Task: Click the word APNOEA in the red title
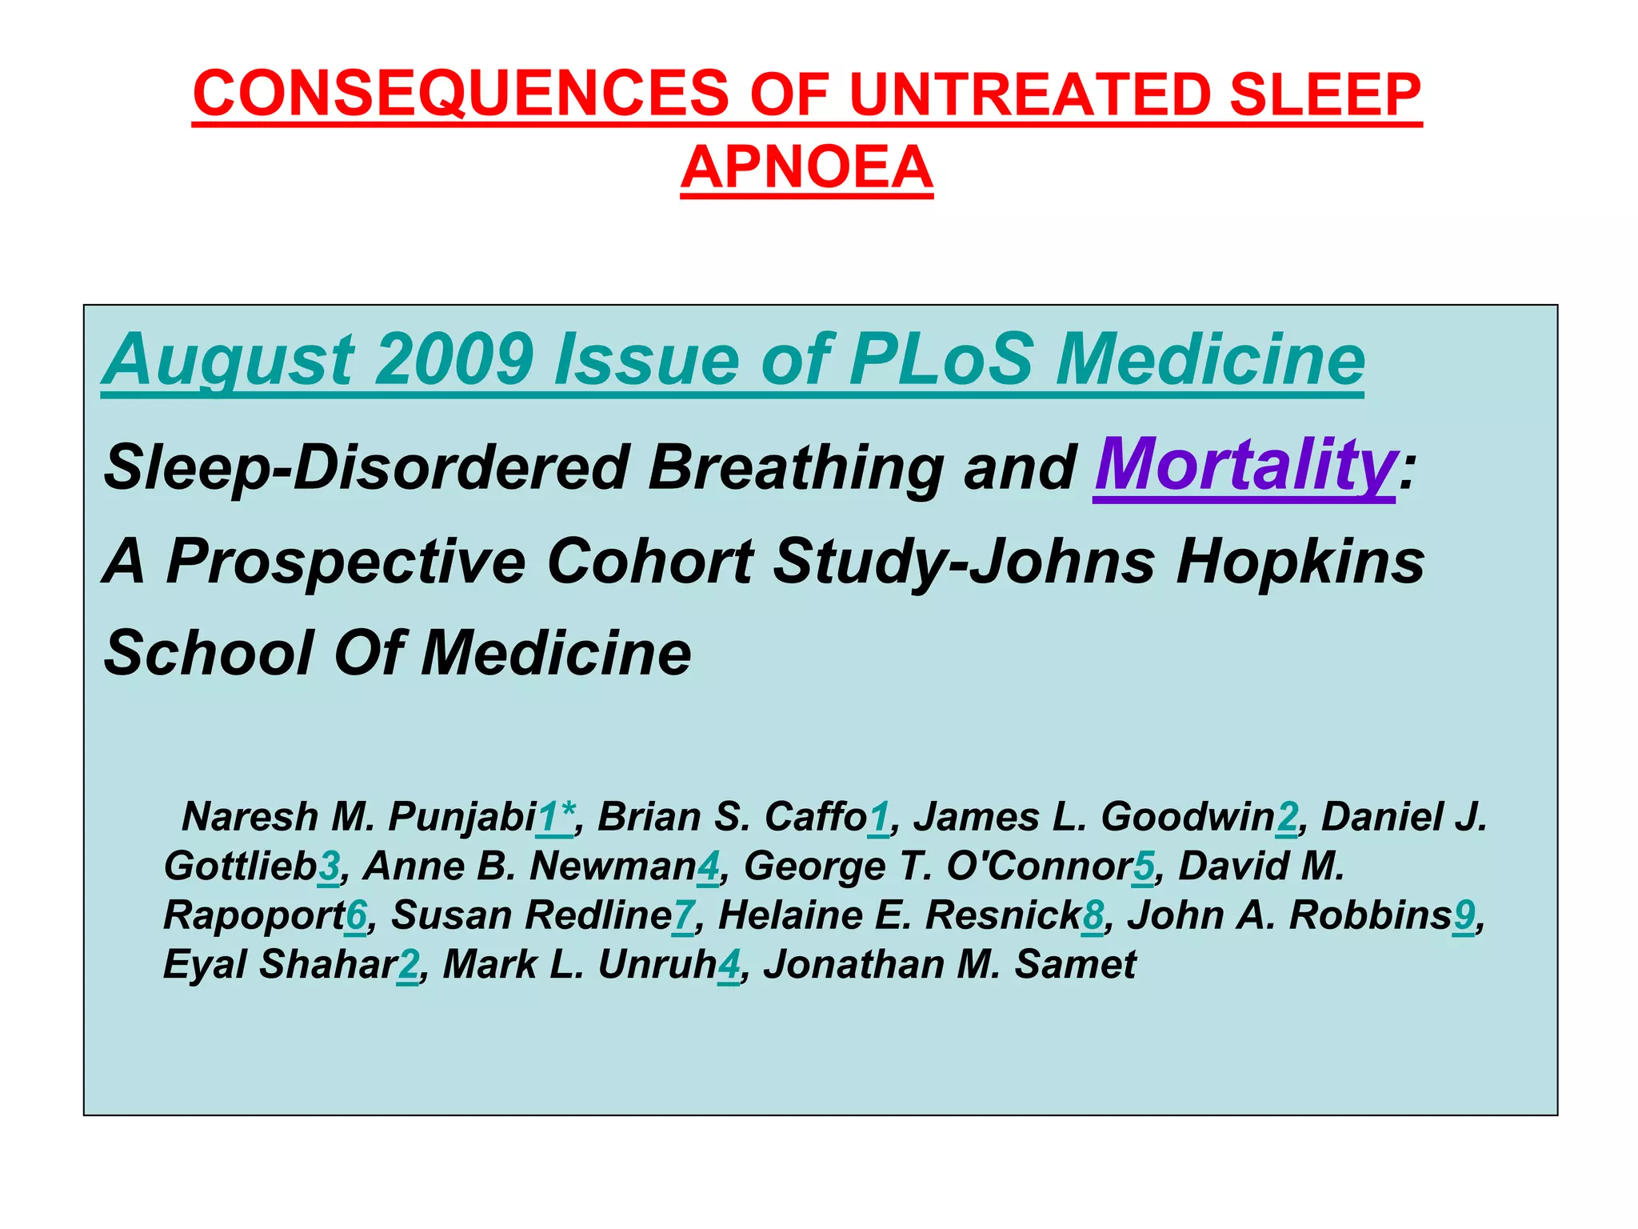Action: (x=806, y=167)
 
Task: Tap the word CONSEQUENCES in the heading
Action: (x=461, y=94)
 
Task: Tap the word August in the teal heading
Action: (x=228, y=359)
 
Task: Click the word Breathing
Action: (x=796, y=467)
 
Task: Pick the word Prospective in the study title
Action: (x=346, y=561)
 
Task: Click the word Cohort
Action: (x=649, y=561)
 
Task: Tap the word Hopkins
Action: (x=1300, y=561)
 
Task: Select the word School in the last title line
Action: (x=209, y=653)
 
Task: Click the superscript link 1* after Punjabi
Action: (x=555, y=817)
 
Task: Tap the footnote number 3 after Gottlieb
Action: (x=328, y=867)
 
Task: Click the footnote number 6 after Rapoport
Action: (x=356, y=915)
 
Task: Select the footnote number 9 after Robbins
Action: (x=1464, y=915)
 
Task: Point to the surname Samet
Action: (x=1075, y=964)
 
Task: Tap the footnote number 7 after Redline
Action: (x=683, y=915)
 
